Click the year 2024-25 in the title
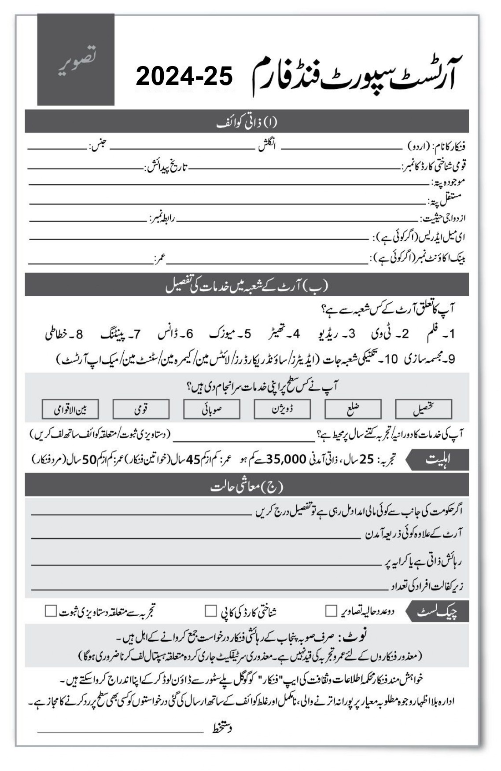pyautogui.click(x=184, y=77)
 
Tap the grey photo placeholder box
pyautogui.click(x=76, y=60)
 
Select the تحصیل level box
pyautogui.click(x=424, y=409)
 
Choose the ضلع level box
pyautogui.click(x=353, y=409)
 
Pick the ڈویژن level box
pyautogui.click(x=282, y=409)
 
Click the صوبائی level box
pyautogui.click(x=212, y=409)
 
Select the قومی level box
pyautogui.click(x=141, y=409)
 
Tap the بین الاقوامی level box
pyautogui.click(x=70, y=409)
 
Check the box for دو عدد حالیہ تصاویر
pyautogui.click(x=331, y=611)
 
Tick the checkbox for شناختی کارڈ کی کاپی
pyautogui.click(x=210, y=611)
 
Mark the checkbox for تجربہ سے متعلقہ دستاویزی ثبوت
pyautogui.click(x=51, y=611)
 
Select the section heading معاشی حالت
pyautogui.click(x=247, y=487)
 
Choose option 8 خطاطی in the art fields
pyautogui.click(x=64, y=334)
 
